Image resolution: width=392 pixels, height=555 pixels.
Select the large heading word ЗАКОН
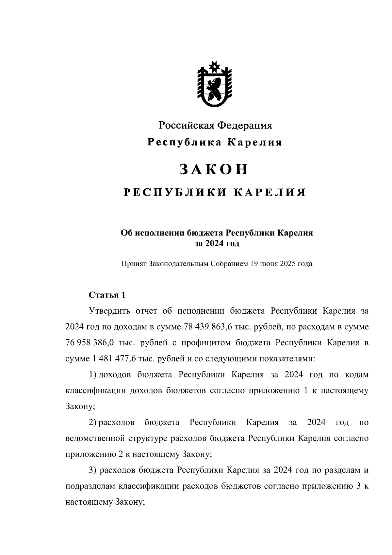pos(214,169)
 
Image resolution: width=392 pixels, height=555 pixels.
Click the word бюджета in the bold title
pos(205,233)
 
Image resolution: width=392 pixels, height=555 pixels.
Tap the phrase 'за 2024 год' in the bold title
pos(217,243)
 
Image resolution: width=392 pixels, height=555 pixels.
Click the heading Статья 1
pos(107,295)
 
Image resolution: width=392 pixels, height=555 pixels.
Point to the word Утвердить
pos(110,311)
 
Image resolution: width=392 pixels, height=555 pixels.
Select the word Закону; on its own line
pos(80,407)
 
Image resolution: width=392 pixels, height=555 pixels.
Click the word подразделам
pos(90,486)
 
